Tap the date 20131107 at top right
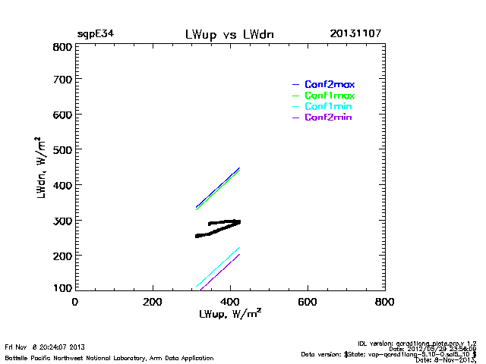tap(355, 34)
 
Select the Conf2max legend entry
tap(330, 84)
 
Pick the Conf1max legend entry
tap(330, 96)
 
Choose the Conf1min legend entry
tap(328, 107)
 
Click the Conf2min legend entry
tap(328, 118)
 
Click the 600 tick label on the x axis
tap(307, 301)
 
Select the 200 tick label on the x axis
tap(153, 301)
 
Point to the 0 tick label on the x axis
tap(74, 301)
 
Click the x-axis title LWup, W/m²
tap(230, 314)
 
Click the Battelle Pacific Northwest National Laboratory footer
tap(109, 357)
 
